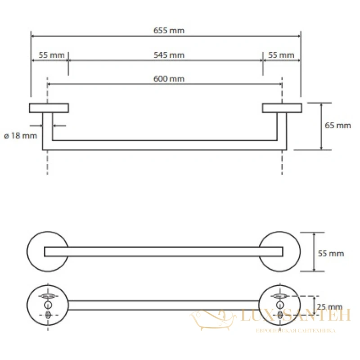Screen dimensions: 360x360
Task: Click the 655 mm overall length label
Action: tap(169, 31)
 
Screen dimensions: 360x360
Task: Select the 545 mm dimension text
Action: tap(169, 55)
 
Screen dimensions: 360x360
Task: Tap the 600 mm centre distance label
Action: tap(169, 79)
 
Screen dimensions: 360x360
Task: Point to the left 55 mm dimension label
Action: tap(51, 55)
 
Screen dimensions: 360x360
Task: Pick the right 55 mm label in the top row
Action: tap(281, 55)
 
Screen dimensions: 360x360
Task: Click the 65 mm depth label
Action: tap(338, 126)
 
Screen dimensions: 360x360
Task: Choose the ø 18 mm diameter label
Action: tap(20, 136)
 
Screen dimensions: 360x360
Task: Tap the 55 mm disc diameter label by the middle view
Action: tap(331, 253)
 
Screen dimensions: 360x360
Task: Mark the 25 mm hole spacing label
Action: tap(329, 307)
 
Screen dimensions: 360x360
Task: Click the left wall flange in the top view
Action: tap(49, 108)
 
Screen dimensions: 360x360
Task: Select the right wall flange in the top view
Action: tap(282, 108)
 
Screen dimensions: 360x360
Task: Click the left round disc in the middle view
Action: tap(27, 252)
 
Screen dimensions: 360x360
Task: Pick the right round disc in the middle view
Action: tap(299, 252)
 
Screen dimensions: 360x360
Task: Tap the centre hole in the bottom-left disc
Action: tap(48, 305)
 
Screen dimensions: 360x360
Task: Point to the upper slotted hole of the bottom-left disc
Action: tap(48, 296)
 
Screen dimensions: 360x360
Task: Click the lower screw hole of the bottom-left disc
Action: tap(48, 315)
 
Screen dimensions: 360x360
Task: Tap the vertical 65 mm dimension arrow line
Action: tap(321, 126)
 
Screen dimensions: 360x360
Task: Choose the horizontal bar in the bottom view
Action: tap(163, 305)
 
